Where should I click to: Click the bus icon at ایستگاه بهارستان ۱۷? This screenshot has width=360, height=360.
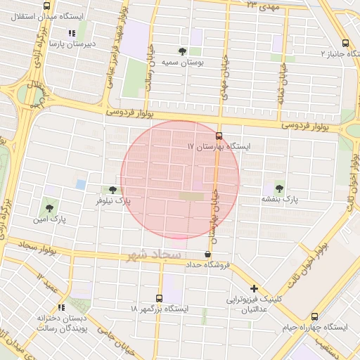pos(219,135)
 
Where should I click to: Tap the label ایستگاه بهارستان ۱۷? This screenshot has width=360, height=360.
pos(219,146)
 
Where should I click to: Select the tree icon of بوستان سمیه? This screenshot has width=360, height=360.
pos(183,51)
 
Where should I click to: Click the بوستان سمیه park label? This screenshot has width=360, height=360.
pos(183,63)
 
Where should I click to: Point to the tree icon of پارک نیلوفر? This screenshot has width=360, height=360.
pos(112,190)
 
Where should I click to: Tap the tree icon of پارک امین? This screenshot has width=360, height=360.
pos(49,207)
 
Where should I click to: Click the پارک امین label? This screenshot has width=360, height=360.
pos(49,219)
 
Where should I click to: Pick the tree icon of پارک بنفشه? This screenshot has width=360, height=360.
pos(280,188)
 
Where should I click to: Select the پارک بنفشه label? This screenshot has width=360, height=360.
pos(280,200)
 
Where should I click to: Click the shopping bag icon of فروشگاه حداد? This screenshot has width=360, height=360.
pos(207,255)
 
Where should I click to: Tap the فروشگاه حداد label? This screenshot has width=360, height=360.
pos(208,265)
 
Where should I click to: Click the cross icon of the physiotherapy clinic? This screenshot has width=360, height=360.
pos(254,288)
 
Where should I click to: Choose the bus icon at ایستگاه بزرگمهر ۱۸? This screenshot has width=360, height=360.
pos(159,298)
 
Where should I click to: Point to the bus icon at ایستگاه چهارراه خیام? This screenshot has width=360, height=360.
pos(314,316)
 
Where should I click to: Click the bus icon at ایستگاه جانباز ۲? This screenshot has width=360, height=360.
pos(344,43)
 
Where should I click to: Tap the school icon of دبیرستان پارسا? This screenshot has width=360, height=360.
pos(71,33)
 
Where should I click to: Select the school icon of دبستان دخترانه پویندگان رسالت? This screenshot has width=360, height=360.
pos(61,307)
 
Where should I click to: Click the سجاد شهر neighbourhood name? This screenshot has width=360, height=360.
pos(154,255)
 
